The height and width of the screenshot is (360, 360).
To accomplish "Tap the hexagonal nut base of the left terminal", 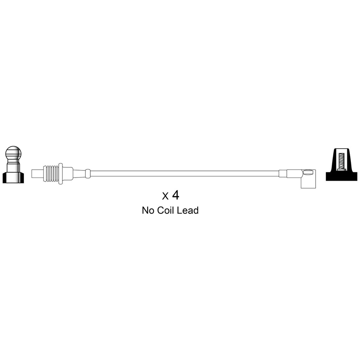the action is pyautogui.click(x=13, y=178).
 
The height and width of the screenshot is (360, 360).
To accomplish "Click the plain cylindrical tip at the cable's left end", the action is pyautogui.click(x=37, y=174).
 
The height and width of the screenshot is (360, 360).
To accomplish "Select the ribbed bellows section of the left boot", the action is pyautogui.click(x=51, y=174).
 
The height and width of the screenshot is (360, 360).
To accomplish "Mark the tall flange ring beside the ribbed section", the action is pyautogui.click(x=60, y=174).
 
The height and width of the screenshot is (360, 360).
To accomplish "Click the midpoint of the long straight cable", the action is pyautogui.click(x=185, y=174).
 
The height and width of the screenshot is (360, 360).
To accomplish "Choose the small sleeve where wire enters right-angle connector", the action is pyautogui.click(x=283, y=174).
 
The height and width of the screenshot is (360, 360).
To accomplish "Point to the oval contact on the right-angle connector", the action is pyautogui.click(x=308, y=172).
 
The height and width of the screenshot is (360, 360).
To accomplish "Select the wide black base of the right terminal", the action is pyautogui.click(x=342, y=176).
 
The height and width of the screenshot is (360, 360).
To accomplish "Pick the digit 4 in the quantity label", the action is pyautogui.click(x=175, y=195).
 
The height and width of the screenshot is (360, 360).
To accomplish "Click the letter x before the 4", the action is pyautogui.click(x=165, y=196).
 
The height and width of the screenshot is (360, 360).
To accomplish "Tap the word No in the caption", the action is pyautogui.click(x=148, y=210).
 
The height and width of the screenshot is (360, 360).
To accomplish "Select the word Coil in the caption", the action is pyautogui.click(x=166, y=210).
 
